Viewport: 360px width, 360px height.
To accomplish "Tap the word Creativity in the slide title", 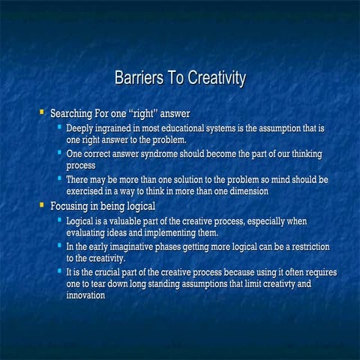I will click(x=214, y=79).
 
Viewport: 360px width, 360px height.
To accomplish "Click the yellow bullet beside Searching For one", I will click(x=42, y=113).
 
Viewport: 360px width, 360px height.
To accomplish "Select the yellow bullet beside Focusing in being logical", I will click(x=42, y=205).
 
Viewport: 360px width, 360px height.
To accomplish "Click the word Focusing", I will click(x=72, y=205).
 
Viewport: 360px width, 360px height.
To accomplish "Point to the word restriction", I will click(x=304, y=247).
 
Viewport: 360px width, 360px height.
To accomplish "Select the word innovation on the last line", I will click(x=86, y=295).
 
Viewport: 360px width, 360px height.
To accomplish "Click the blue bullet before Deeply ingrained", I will click(x=59, y=128).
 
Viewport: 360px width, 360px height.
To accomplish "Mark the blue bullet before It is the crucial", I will click(x=59, y=271).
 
